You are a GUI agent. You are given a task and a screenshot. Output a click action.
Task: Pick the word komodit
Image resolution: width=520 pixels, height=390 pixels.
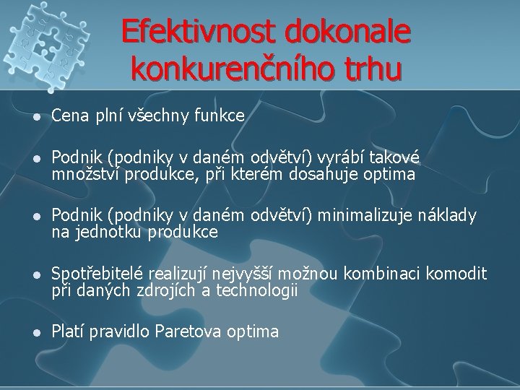coord(456,274)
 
